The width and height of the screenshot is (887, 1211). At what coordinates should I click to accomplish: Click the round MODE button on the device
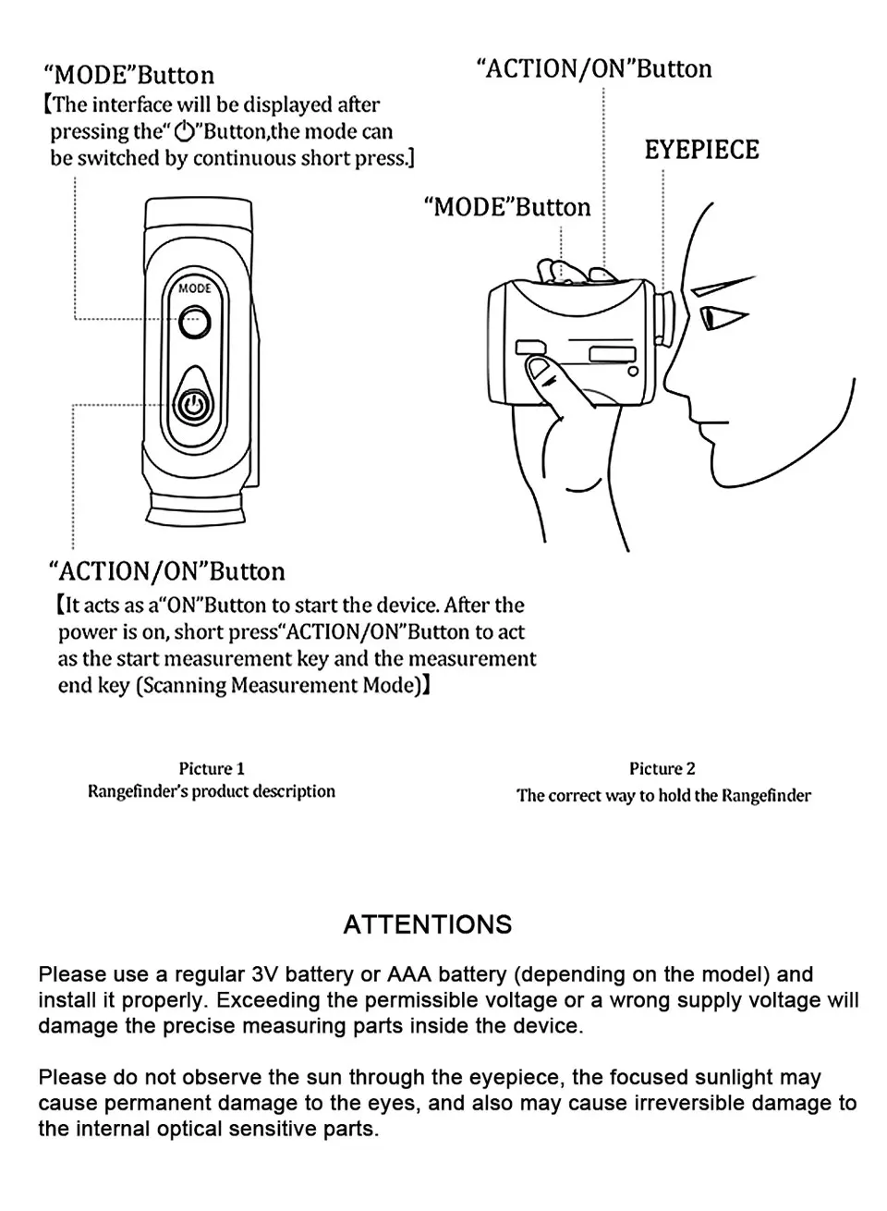(194, 322)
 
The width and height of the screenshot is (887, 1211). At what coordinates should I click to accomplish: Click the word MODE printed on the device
(194, 288)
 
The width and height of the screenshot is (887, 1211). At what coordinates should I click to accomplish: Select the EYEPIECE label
(701, 150)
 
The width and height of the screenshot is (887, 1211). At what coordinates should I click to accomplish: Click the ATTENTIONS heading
(427, 924)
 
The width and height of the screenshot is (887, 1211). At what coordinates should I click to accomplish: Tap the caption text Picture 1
(212, 768)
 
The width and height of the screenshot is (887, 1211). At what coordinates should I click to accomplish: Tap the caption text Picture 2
(662, 768)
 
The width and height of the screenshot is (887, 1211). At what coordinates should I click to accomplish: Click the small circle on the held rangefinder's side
(633, 372)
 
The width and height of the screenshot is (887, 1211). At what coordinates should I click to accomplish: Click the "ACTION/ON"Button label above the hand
(593, 69)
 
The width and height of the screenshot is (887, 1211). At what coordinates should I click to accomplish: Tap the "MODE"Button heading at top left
(129, 75)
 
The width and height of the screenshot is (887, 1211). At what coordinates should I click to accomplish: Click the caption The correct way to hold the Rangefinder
(663, 795)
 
